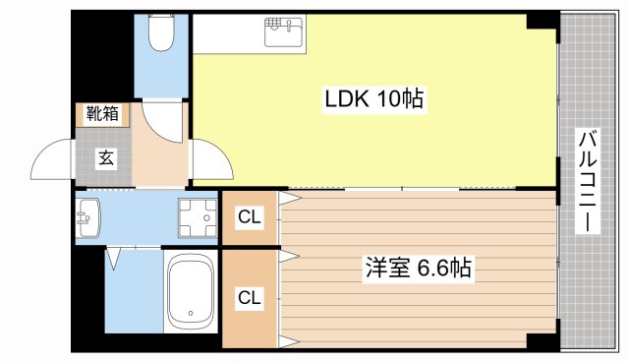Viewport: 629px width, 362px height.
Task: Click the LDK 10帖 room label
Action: [374, 98]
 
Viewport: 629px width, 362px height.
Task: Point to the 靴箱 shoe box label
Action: [102, 113]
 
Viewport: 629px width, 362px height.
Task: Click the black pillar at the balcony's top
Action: [542, 21]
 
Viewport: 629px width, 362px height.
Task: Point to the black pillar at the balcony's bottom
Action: [542, 340]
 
